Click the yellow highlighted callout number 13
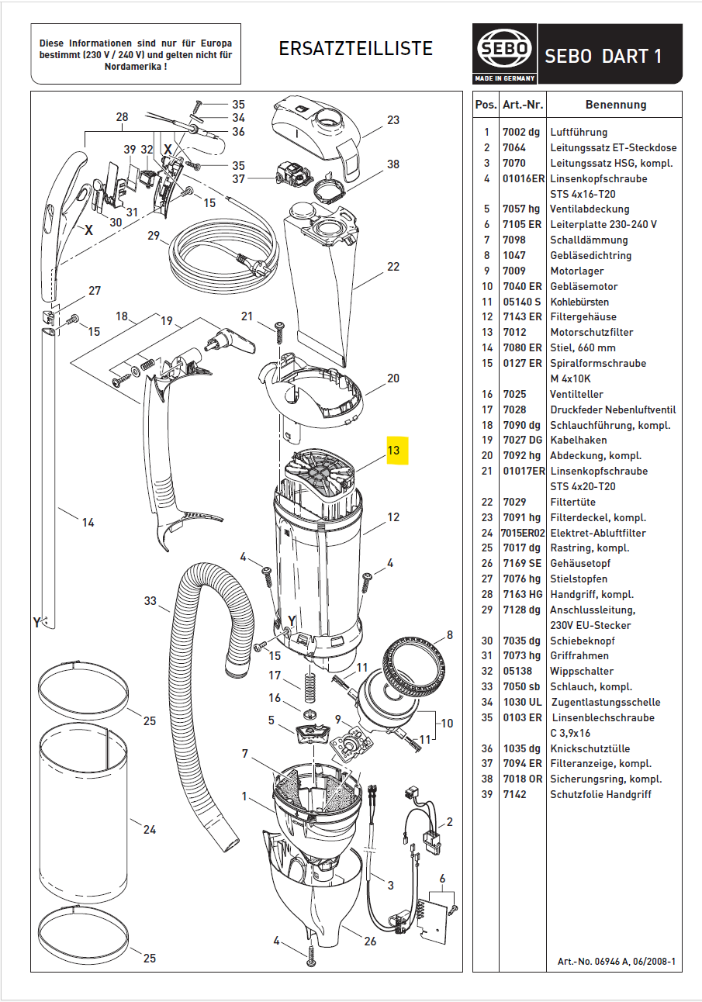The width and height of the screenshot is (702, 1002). (393, 450)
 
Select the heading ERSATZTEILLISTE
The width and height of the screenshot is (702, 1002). (355, 49)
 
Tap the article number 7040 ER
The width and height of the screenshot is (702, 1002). (521, 286)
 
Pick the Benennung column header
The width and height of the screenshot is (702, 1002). (615, 105)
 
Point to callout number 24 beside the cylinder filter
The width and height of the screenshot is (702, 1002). (149, 830)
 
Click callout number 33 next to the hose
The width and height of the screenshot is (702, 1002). (150, 600)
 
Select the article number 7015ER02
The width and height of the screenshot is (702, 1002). (523, 533)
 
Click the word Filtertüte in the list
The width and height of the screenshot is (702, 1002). (572, 502)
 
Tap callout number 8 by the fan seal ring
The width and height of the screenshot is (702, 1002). (448, 636)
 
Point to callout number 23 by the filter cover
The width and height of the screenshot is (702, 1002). (393, 120)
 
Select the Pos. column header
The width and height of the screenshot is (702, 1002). (486, 105)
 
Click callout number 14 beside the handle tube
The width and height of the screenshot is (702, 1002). (88, 523)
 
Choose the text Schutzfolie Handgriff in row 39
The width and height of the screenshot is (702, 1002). (600, 794)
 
